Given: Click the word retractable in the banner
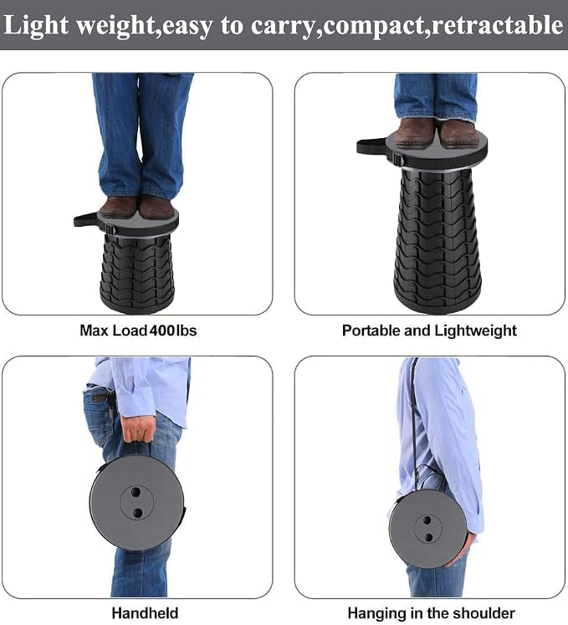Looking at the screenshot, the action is click(x=498, y=25).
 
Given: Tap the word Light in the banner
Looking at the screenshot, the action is click(x=36, y=26).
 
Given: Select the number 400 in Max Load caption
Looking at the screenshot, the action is click(x=161, y=330).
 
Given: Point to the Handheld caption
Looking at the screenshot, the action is click(x=145, y=613).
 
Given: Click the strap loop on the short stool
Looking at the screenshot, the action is click(x=85, y=219).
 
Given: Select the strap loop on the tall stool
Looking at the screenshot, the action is click(x=371, y=146).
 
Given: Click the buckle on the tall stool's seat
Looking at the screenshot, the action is click(x=397, y=159).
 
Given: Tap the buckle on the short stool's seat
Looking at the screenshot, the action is click(x=110, y=229).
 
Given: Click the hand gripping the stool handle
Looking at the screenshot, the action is click(x=137, y=428).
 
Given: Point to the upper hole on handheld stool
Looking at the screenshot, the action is click(x=136, y=491).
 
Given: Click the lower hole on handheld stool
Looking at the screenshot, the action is click(x=137, y=513).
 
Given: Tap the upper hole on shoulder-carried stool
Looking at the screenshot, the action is click(x=427, y=520).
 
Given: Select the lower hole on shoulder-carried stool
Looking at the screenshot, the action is click(x=429, y=537).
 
